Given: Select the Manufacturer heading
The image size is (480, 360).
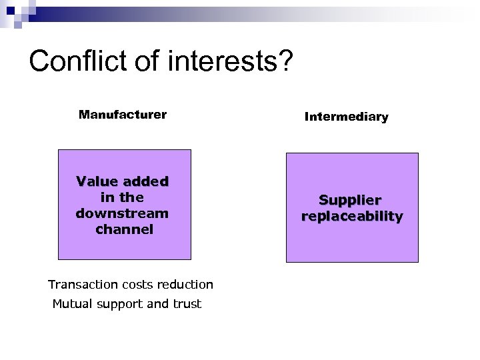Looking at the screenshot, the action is (x=123, y=114).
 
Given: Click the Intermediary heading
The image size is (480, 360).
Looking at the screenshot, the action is (x=346, y=117).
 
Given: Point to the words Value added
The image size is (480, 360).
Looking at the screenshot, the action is (x=123, y=181).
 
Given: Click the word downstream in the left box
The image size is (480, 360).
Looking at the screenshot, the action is (x=123, y=213).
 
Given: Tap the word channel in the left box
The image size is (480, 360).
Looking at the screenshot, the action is (x=125, y=229).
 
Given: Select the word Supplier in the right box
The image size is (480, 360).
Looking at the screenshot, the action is (x=351, y=200).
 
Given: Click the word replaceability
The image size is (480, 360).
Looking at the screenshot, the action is (x=352, y=216).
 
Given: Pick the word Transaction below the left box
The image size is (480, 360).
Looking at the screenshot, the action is (x=82, y=285).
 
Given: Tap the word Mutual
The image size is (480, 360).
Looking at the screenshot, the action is (x=73, y=305).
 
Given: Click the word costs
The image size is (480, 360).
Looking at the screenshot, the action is (x=137, y=285).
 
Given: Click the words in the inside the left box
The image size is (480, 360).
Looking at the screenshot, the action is (x=122, y=197).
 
